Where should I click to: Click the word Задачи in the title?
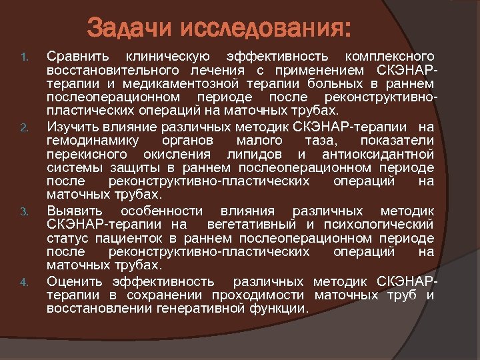click(x=131, y=29)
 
